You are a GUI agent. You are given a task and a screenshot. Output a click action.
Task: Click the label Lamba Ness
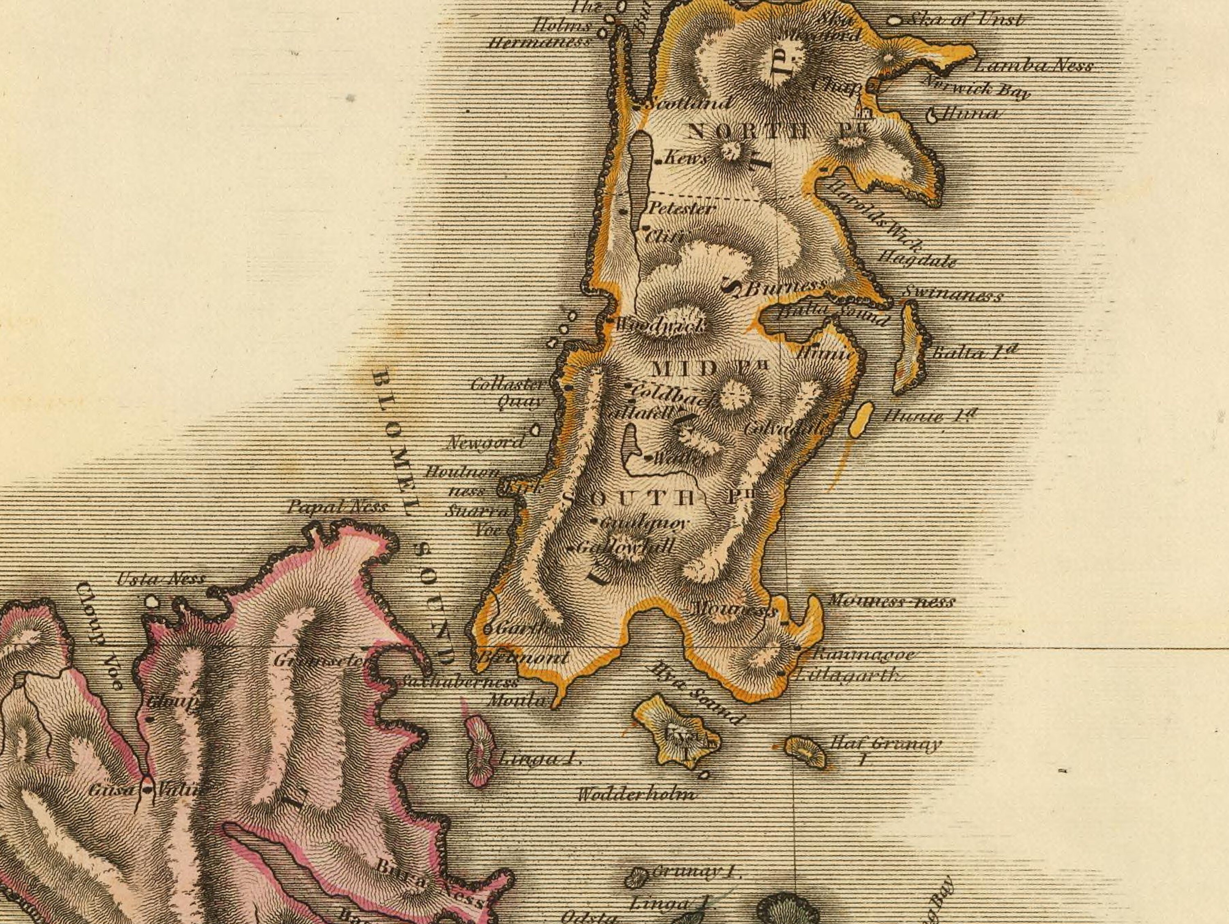(1034, 66)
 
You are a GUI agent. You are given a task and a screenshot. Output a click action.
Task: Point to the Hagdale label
(917, 258)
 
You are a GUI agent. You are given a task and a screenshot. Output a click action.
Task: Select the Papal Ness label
(337, 507)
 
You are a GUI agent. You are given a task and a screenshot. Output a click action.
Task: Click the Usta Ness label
(161, 579)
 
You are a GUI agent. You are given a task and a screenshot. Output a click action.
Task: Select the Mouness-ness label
(891, 600)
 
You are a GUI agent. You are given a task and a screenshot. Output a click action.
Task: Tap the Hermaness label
(538, 43)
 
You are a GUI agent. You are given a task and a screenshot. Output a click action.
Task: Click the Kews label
(686, 159)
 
